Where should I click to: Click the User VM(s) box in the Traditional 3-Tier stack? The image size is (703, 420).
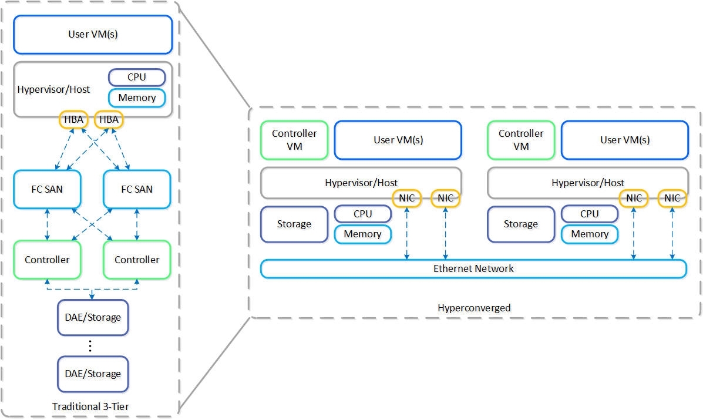(93, 34)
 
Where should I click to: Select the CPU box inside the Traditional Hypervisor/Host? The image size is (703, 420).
(137, 78)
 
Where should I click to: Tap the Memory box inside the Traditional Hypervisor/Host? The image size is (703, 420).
(137, 98)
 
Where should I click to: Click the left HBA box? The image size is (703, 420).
(73, 120)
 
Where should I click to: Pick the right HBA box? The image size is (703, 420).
(109, 120)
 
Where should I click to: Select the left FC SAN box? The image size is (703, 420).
(47, 189)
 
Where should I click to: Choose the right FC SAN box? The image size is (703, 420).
(137, 189)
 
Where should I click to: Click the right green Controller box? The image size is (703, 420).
(137, 260)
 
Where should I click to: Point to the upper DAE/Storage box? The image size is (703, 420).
(93, 318)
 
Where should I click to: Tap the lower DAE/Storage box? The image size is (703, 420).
(93, 374)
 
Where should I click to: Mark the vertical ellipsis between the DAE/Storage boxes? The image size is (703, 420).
(90, 346)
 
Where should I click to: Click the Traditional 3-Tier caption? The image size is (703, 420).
(90, 406)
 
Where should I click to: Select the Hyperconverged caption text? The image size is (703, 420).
(474, 308)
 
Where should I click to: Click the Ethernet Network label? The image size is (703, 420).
(473, 268)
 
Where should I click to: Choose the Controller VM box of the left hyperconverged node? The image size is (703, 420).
(294, 140)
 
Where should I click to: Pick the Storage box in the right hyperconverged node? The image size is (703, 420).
(521, 224)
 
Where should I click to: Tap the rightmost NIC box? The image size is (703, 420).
(672, 198)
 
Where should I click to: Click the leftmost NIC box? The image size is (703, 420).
(407, 198)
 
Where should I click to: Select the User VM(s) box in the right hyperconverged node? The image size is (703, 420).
(624, 140)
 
